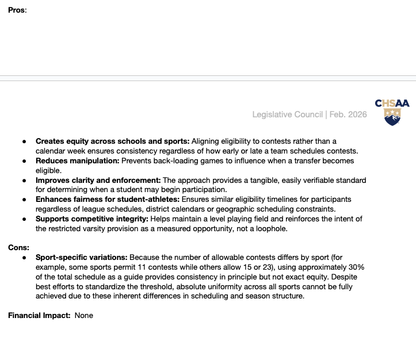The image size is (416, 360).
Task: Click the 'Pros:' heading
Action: tap(17, 10)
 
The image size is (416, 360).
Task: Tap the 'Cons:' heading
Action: tap(18, 247)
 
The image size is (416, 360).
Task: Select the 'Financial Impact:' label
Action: tap(39, 315)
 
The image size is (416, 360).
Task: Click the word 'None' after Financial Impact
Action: tap(83, 315)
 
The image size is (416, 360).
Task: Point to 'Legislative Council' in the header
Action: tap(288, 114)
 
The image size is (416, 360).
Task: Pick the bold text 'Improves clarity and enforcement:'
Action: tap(98, 180)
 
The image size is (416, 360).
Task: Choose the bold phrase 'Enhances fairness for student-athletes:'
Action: tap(108, 200)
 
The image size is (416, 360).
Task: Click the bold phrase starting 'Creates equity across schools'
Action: tap(112, 141)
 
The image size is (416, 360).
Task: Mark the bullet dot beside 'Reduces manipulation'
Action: tap(25, 161)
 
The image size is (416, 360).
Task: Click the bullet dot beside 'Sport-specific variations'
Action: tap(25, 258)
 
